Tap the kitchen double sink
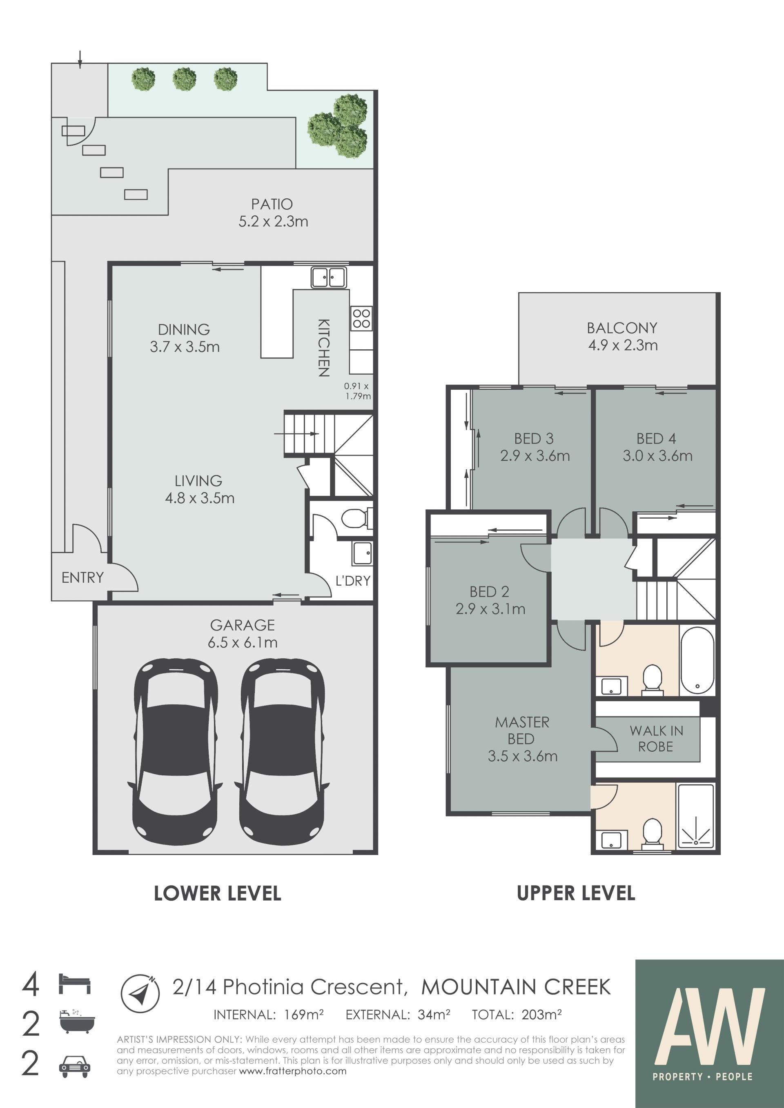click(x=328, y=278)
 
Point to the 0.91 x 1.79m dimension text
click(x=357, y=391)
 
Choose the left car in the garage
click(x=175, y=751)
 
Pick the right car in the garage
click(x=282, y=751)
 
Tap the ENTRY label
click(x=82, y=577)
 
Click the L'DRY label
click(x=353, y=581)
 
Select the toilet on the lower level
click(x=357, y=519)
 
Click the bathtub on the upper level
click(x=697, y=661)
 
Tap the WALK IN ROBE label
click(x=656, y=739)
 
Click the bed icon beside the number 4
click(x=75, y=984)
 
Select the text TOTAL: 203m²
click(x=517, y=1015)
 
